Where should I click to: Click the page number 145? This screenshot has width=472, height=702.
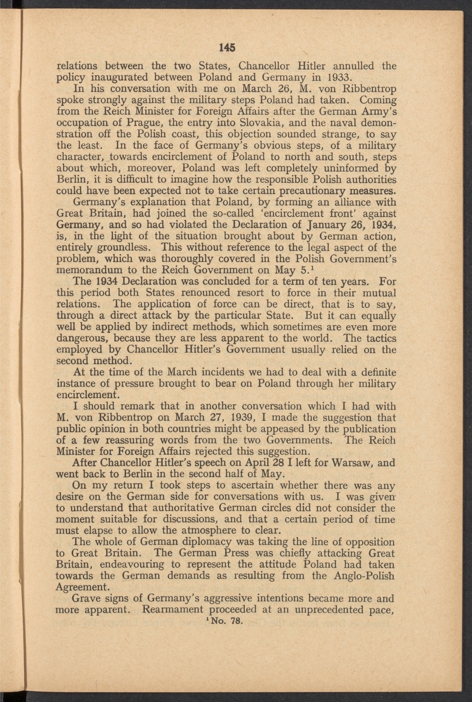[x=226, y=47]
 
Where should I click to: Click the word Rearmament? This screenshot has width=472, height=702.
[x=173, y=610]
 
